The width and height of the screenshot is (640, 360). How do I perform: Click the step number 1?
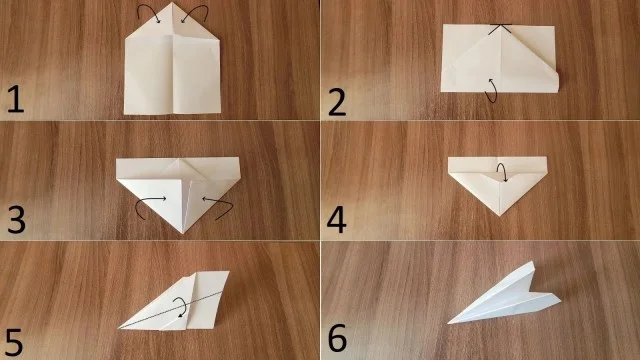coord(16,100)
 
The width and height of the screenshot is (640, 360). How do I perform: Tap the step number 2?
coord(337,102)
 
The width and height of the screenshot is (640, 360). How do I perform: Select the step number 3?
coord(16,220)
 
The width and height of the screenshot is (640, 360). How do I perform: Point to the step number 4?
coord(337,220)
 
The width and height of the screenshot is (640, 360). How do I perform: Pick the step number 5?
coord(13,342)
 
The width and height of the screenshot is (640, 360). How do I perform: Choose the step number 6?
coord(338,338)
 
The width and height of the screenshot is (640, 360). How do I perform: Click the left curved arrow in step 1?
coord(147,12)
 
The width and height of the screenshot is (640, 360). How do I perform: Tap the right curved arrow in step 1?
coord(196,12)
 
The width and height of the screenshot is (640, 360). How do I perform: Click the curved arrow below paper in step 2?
coord(493,90)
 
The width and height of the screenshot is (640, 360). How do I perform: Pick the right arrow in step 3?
coord(218,206)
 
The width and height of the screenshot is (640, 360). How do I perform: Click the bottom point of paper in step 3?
coord(183,233)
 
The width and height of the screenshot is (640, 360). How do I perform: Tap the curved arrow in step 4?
coord(503,172)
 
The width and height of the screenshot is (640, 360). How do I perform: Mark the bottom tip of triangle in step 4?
coord(500,215)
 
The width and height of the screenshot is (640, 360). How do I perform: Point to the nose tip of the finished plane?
coord(449,323)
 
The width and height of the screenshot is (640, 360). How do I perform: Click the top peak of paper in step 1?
coord(172,3)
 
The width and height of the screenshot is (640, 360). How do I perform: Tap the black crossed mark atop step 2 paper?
coord(500,29)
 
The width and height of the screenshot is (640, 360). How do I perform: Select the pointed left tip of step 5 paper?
coord(119,327)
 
